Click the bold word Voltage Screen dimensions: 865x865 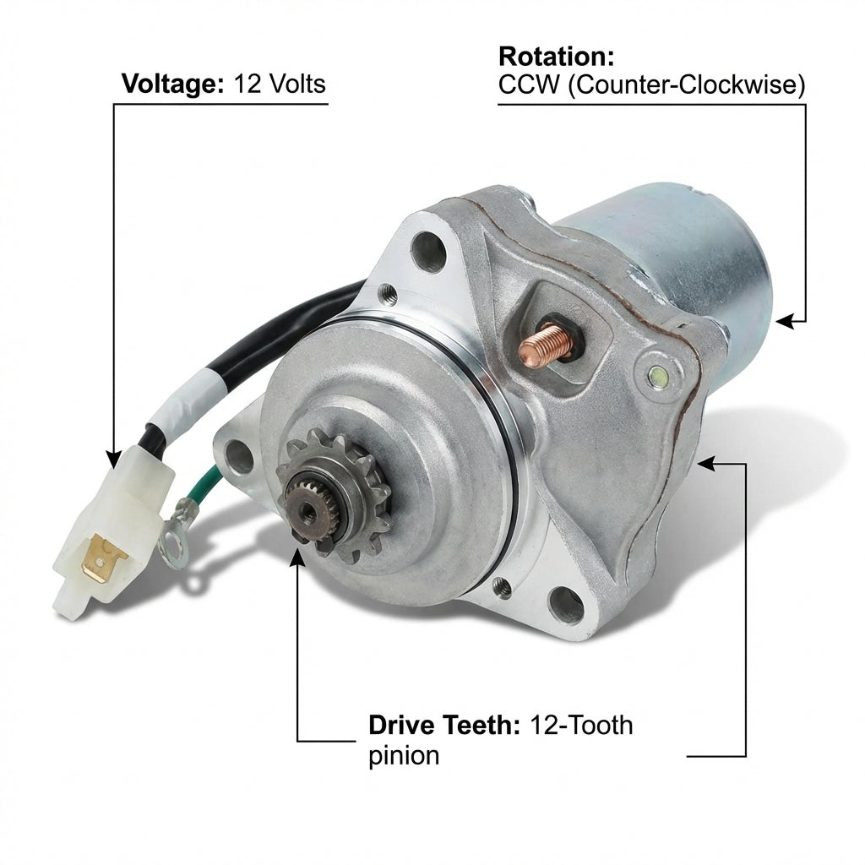(x=172, y=84)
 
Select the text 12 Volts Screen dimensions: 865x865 (x=280, y=84)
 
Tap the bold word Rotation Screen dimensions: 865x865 (x=556, y=57)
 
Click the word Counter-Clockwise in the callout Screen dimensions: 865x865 (x=686, y=85)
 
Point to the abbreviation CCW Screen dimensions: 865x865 (x=529, y=85)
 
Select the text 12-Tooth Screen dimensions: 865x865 (x=581, y=725)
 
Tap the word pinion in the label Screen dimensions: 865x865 (x=404, y=756)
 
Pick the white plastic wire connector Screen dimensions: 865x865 (x=112, y=524)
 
